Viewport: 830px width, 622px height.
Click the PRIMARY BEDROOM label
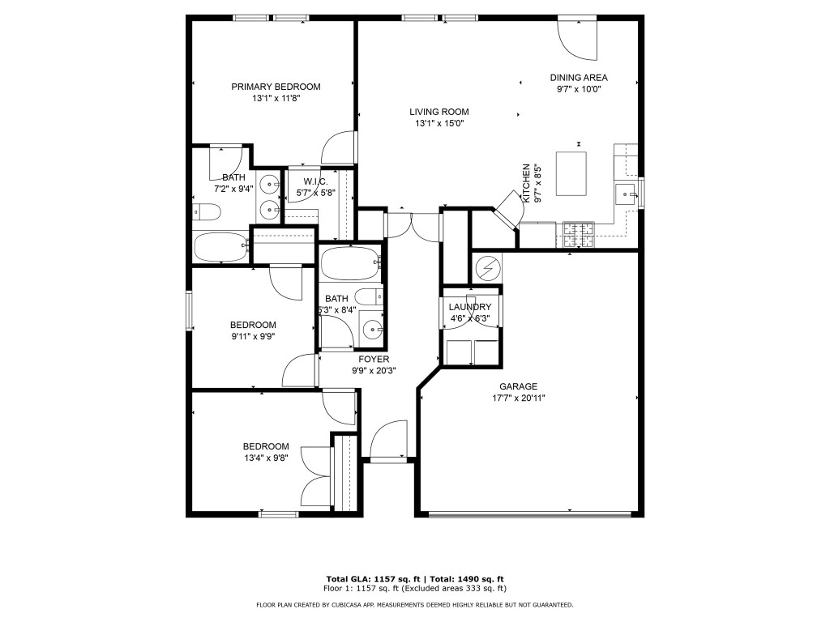(276, 87)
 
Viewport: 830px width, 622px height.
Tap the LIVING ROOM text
(439, 112)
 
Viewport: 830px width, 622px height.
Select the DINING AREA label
(579, 78)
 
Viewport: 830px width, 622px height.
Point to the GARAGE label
(518, 386)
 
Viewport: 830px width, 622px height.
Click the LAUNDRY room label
(469, 307)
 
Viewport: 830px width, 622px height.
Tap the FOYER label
(373, 359)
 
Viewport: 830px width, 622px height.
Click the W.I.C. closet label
(315, 181)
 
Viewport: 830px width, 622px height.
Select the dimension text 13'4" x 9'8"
(266, 458)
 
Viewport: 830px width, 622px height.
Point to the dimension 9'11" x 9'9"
(253, 337)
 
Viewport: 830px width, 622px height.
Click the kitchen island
(571, 173)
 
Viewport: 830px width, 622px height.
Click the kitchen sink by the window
(625, 194)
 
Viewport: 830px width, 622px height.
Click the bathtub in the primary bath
(220, 247)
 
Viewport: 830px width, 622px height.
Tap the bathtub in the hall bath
(350, 263)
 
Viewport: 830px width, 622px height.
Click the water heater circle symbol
(487, 267)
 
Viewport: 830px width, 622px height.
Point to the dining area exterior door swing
(577, 39)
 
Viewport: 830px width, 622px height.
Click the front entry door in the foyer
(388, 441)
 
